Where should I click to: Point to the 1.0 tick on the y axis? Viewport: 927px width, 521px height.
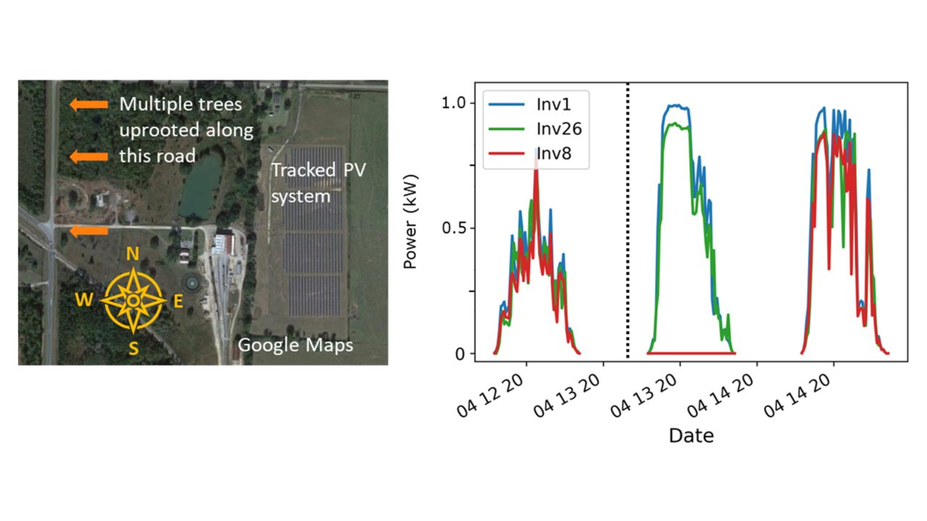(x=456, y=103)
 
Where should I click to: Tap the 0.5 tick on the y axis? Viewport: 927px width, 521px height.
(x=456, y=228)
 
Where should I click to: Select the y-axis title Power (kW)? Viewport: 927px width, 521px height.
(x=411, y=228)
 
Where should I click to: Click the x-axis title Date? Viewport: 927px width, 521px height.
(x=690, y=435)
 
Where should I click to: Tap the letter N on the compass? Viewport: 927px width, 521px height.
(x=133, y=254)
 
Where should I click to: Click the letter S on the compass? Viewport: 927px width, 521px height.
(x=133, y=349)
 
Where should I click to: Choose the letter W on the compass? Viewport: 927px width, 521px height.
(x=84, y=300)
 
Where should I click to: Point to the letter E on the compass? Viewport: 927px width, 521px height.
(x=177, y=302)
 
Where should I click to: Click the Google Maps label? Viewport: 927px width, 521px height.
(x=295, y=345)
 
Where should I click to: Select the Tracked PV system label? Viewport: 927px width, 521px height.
(x=303, y=183)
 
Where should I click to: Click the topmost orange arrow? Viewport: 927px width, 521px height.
(x=88, y=105)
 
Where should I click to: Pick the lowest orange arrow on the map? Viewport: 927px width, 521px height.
(x=88, y=230)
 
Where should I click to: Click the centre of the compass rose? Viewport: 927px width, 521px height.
(x=133, y=300)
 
